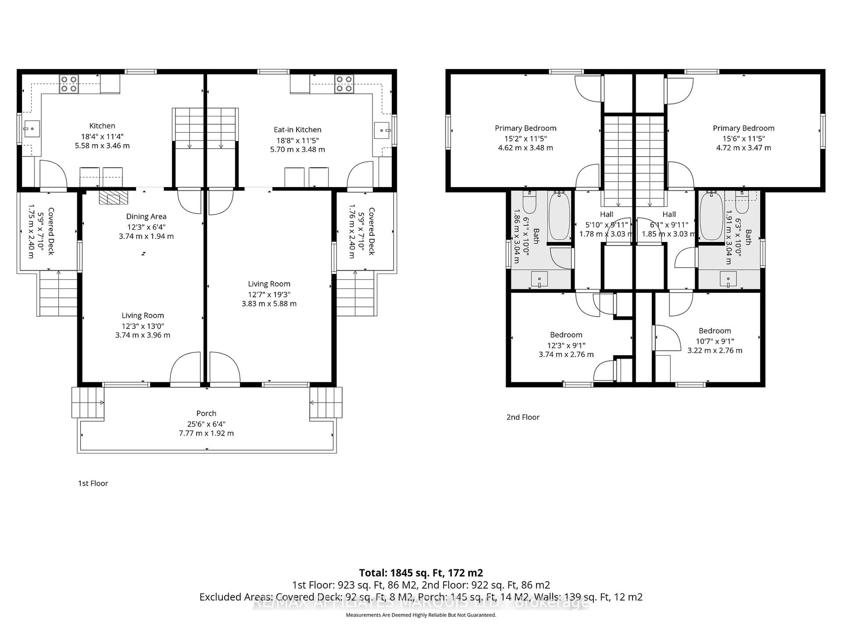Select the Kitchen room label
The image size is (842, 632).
pos(102,126)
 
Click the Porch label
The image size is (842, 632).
pos(206,413)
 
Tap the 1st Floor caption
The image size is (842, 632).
pos(93,483)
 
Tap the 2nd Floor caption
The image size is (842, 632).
pos(523,417)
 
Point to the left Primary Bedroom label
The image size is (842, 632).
pos(525,128)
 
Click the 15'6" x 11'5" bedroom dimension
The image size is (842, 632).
pos(743,139)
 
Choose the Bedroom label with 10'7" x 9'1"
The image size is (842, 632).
pos(714,331)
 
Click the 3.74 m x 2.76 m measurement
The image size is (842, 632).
pos(566,354)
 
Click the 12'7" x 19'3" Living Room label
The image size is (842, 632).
pos(269,294)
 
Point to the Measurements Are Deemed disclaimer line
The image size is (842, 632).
pos(421,615)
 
